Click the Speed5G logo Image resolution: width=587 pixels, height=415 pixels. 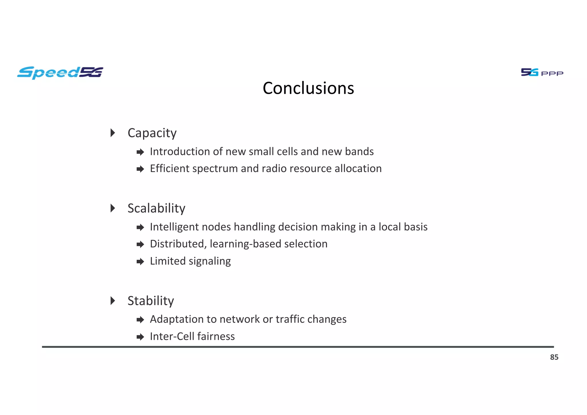click(x=60, y=72)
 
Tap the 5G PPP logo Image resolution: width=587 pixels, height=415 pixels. click(x=542, y=72)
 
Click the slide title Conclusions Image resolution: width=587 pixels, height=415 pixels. click(x=308, y=88)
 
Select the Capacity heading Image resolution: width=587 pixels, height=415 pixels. click(x=152, y=133)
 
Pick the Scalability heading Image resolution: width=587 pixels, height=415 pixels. click(x=156, y=208)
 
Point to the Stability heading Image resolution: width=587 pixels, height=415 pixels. click(x=150, y=301)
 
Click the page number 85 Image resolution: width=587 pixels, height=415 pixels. click(x=554, y=357)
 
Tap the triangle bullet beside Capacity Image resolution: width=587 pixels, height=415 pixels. click(x=113, y=133)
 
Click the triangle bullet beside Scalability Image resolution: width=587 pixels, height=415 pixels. click(x=113, y=208)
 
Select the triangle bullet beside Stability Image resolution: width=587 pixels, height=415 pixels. click(x=113, y=301)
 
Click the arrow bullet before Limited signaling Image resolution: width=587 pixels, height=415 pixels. click(x=140, y=262)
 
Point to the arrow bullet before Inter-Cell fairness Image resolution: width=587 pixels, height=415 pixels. click(x=140, y=337)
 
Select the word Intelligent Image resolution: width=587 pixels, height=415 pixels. click(x=174, y=227)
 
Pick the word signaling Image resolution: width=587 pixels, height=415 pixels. click(x=210, y=261)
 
